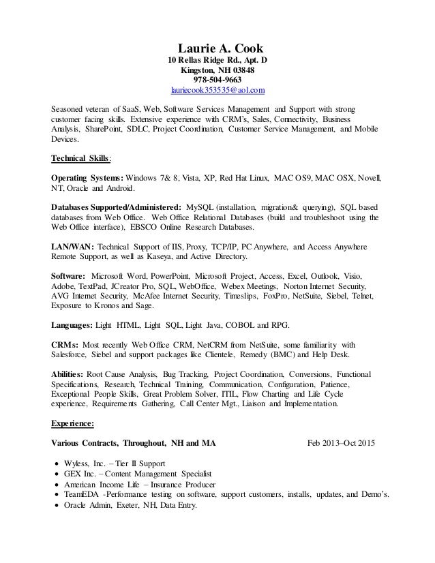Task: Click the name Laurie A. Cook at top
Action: coord(220,50)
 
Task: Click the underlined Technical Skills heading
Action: coord(80,158)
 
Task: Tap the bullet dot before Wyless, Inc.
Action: coord(57,463)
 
